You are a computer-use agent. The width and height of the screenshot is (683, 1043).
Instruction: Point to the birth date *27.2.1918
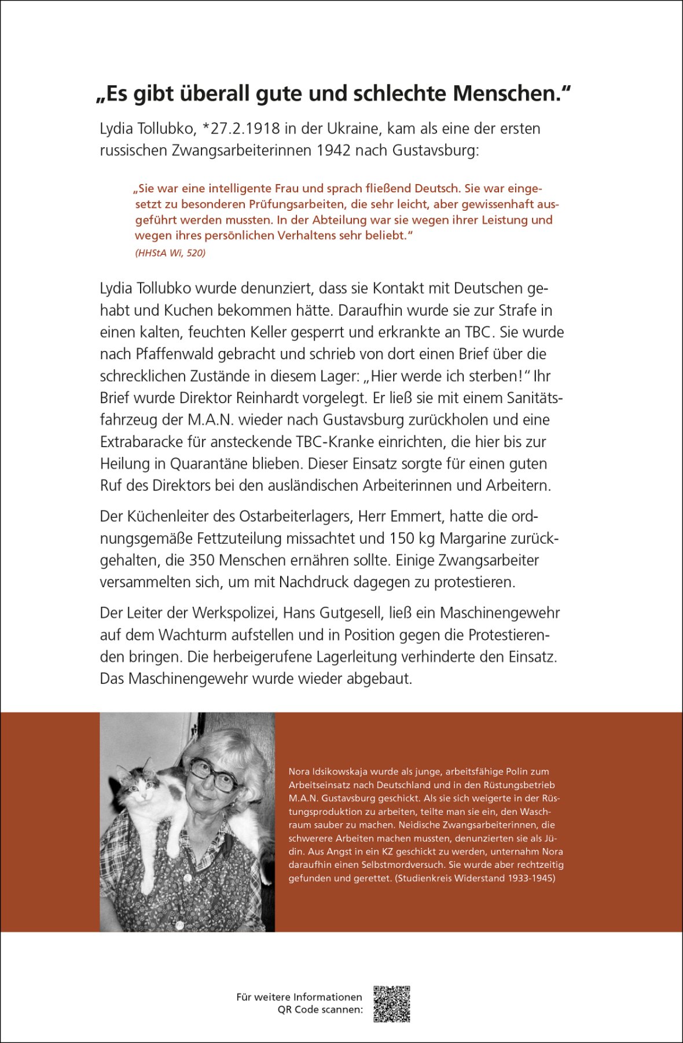[x=240, y=129]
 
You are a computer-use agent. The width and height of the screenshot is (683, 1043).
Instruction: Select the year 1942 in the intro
[x=333, y=151]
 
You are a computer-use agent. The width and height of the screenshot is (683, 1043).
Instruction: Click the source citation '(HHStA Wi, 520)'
[x=170, y=252]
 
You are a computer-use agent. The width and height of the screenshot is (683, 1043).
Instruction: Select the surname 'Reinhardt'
[x=330, y=398]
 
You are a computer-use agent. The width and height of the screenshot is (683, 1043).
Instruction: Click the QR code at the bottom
[x=392, y=1004]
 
